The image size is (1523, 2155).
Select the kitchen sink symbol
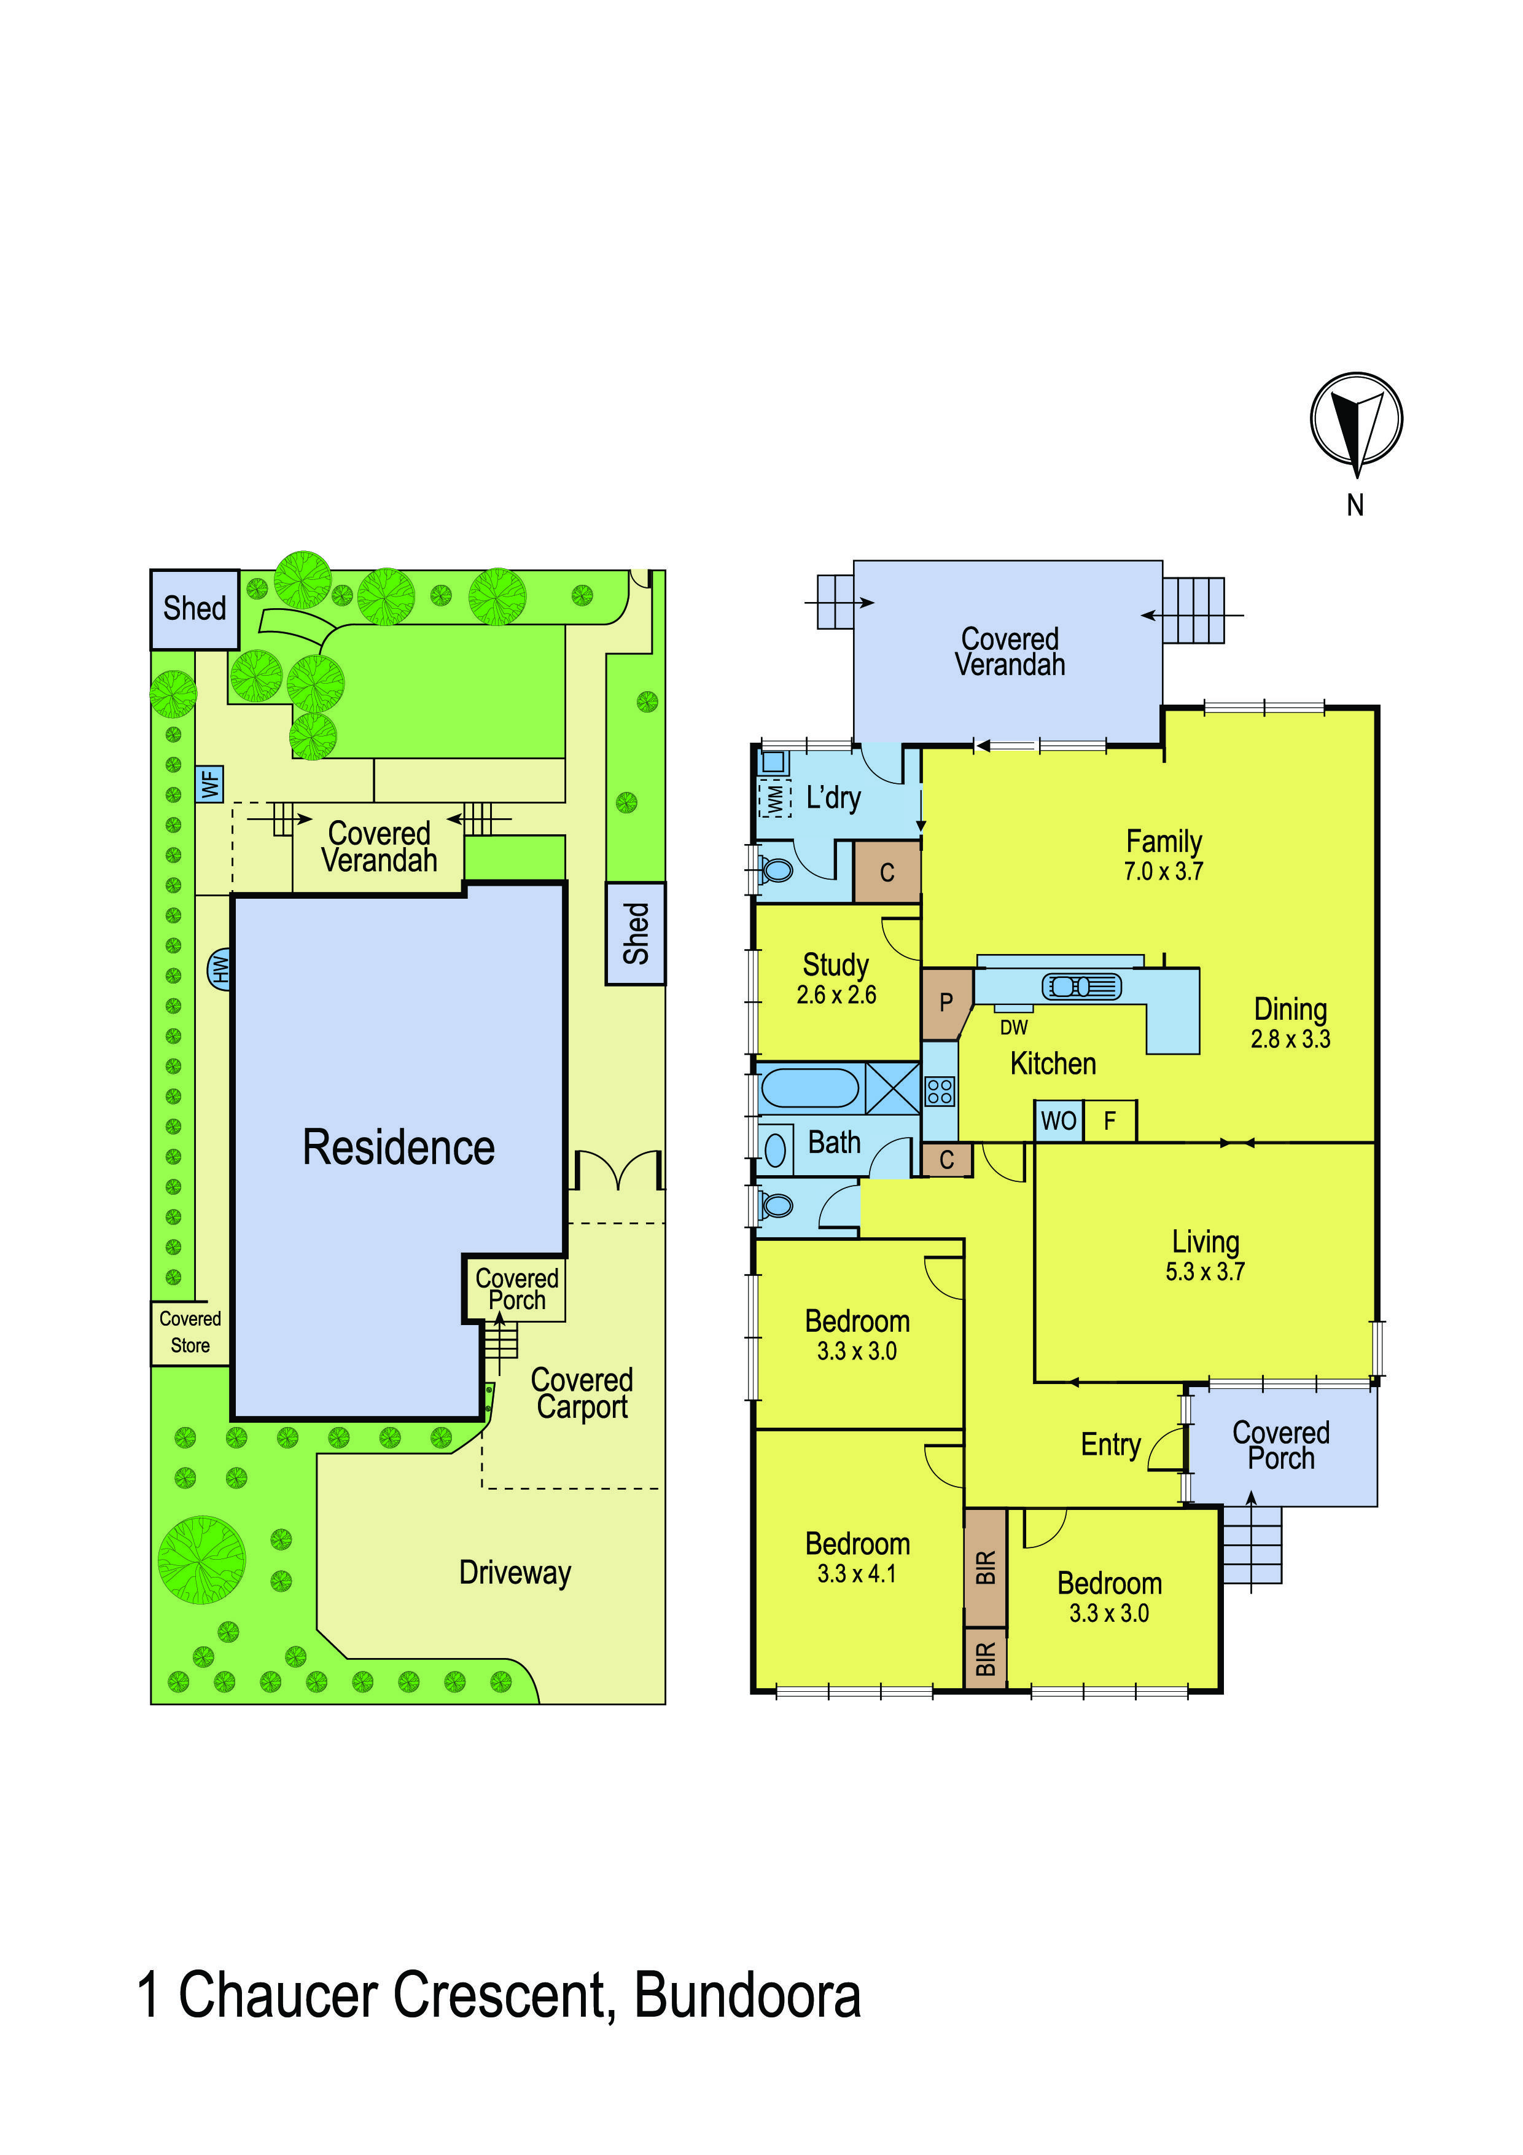point(1081,987)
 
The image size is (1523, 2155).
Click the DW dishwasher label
point(1013,1028)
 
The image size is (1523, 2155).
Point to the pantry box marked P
point(946,1003)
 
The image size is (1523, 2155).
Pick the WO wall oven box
point(1059,1121)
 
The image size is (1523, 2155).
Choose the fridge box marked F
point(1110,1121)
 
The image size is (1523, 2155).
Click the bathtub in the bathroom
point(809,1089)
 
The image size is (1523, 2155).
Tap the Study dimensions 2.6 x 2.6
point(836,995)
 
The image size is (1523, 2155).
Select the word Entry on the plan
point(1110,1444)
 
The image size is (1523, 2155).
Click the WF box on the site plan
point(210,784)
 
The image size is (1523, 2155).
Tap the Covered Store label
point(190,1332)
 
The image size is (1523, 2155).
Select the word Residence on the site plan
point(399,1148)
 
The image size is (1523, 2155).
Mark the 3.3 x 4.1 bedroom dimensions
point(857,1574)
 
